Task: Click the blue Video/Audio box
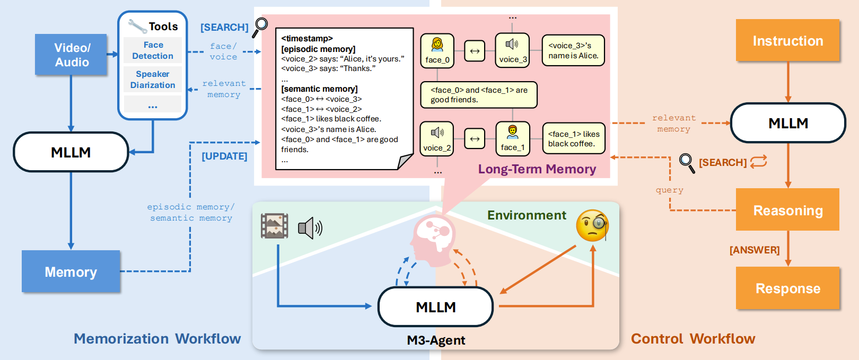pos(71,55)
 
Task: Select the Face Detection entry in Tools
pos(153,50)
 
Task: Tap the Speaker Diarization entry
pos(153,80)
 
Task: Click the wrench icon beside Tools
pos(137,25)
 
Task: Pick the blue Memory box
pos(71,271)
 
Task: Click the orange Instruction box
pos(787,40)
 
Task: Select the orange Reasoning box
pos(787,210)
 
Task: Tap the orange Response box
pos(787,288)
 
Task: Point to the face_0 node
pos(437,51)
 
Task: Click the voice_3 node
pos(512,51)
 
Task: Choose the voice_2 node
pos(437,139)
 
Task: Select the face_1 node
pos(512,139)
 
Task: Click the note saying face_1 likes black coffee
pos(574,139)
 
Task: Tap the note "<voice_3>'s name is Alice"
pos(573,51)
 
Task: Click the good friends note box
pos(479,95)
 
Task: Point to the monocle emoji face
pos(592,225)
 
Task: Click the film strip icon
pos(275,226)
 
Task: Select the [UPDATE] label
pos(224,156)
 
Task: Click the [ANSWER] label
pos(754,250)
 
